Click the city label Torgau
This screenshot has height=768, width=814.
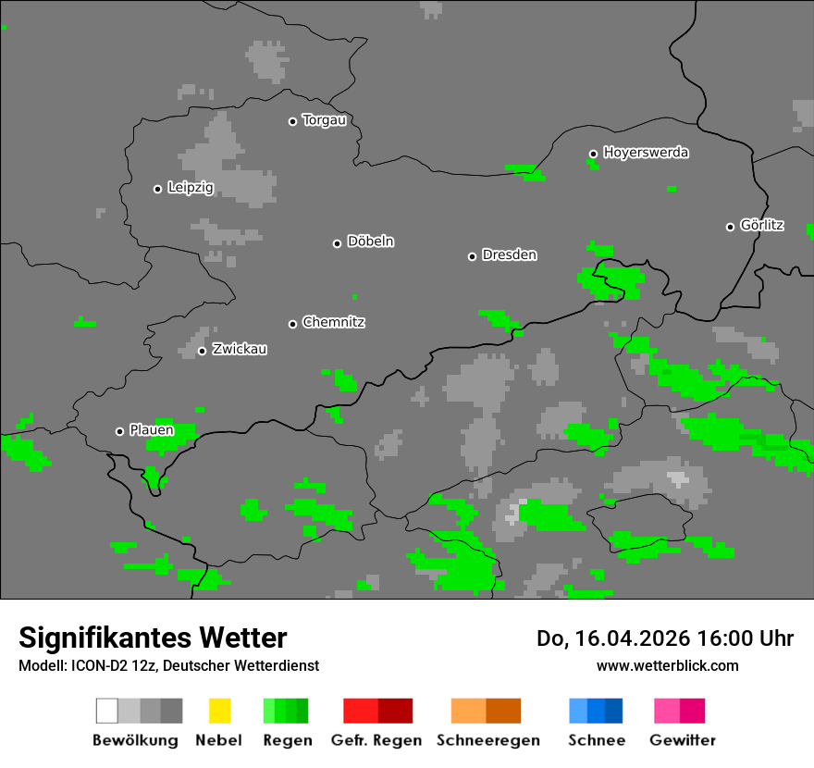(x=324, y=120)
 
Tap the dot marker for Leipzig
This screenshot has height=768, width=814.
(x=157, y=189)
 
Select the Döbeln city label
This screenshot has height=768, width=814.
(x=370, y=242)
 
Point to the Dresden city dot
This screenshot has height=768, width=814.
(x=472, y=256)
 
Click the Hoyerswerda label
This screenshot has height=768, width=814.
(x=646, y=153)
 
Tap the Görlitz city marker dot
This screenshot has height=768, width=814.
(x=730, y=227)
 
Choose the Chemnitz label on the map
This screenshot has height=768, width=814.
(x=333, y=323)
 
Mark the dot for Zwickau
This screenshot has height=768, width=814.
(x=202, y=351)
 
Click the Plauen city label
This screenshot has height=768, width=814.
(x=151, y=430)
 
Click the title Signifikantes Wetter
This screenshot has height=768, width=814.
(x=153, y=638)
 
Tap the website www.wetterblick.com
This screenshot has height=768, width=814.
(x=667, y=665)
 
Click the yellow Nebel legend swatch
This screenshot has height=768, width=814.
(x=219, y=711)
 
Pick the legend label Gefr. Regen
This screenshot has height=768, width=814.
(x=376, y=740)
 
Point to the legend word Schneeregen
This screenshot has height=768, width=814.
(x=487, y=740)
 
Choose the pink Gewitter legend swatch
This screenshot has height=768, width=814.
(x=667, y=711)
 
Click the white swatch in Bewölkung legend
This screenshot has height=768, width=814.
(x=106, y=711)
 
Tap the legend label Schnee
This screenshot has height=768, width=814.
(x=596, y=740)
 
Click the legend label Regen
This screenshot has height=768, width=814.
(x=286, y=740)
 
